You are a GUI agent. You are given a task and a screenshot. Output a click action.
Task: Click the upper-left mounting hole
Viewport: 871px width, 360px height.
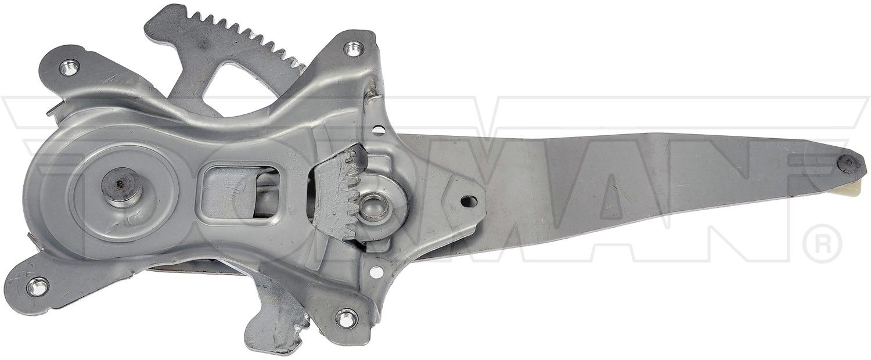click(69, 68)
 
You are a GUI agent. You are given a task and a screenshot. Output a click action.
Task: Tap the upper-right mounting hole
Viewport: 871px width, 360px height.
click(352, 49)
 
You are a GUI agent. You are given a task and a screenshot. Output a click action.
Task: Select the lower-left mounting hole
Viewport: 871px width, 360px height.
click(37, 287)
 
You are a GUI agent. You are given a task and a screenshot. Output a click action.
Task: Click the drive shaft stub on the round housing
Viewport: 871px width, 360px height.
click(121, 188)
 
